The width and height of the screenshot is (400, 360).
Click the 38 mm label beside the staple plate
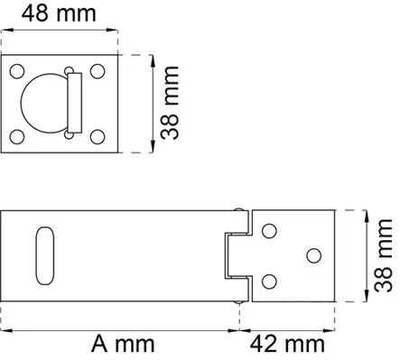coord(171,101)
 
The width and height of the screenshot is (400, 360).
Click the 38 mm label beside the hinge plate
coord(383,255)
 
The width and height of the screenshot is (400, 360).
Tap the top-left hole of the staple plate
coord(16,70)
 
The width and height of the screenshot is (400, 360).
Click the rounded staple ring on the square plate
coord(45,103)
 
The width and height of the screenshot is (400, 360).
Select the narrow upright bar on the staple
coord(74,104)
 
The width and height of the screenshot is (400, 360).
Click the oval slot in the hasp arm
coord(42,255)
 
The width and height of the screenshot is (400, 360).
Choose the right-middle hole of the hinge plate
coord(313,255)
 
